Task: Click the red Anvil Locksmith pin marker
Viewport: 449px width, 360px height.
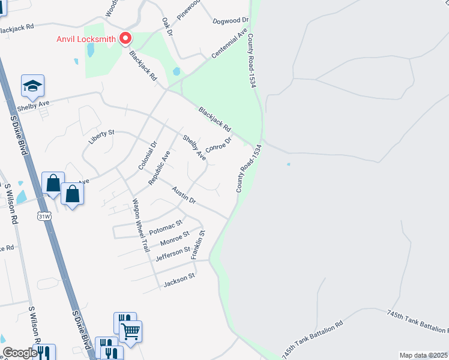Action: click(x=125, y=38)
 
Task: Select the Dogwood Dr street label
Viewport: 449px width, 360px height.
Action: click(x=230, y=21)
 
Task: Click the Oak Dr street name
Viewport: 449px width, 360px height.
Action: click(x=167, y=26)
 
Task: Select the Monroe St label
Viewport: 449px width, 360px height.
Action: click(x=175, y=239)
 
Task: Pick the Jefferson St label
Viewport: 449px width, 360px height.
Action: click(x=172, y=254)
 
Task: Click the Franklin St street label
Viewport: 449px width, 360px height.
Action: click(x=198, y=244)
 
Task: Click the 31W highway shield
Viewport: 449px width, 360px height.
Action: click(x=44, y=215)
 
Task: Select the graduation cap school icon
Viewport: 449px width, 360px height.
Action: click(x=33, y=86)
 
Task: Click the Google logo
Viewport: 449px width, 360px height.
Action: click(x=19, y=353)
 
